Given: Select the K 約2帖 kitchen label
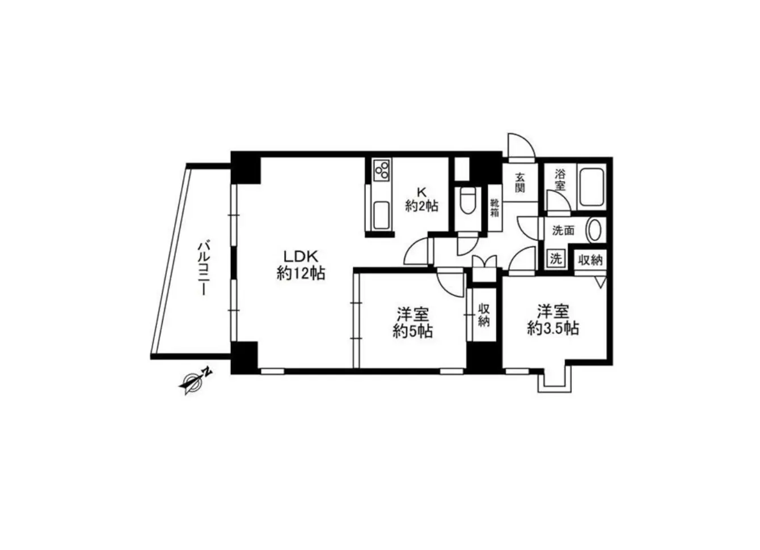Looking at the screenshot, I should pos(421,199).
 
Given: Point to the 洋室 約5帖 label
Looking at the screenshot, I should pos(413,322).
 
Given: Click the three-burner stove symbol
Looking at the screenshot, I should pos(382,170).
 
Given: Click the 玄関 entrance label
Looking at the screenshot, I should pos(520,182).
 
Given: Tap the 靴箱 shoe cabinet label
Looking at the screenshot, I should pos(495,208).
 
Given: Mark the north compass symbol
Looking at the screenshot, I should pos(194,380).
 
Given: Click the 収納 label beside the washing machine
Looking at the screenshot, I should pos(590,260).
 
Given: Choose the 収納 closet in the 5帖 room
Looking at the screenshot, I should pos(483,315).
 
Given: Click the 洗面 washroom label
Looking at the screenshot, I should pos(563,230).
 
